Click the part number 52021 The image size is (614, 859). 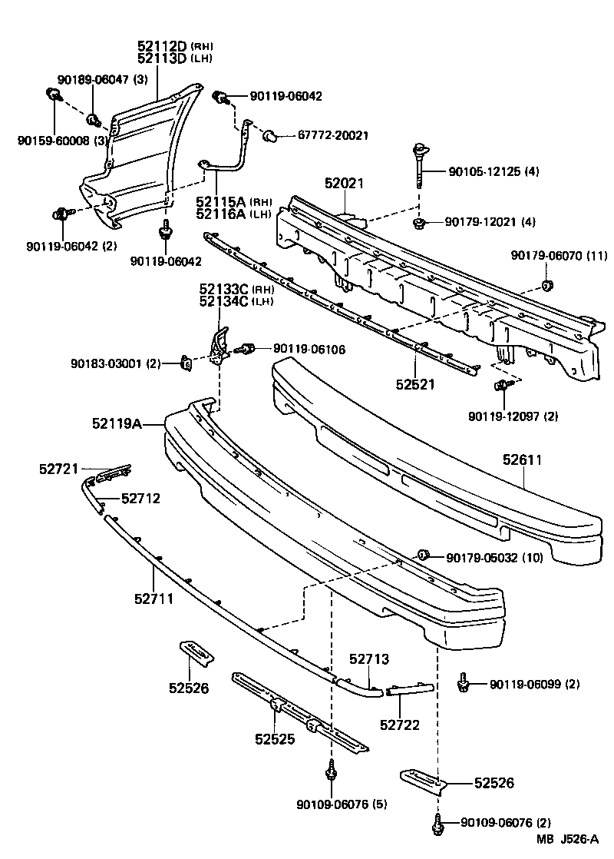click(344, 184)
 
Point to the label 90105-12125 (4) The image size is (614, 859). click(493, 171)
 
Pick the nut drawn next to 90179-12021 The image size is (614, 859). click(420, 223)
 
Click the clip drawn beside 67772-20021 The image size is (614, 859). click(269, 137)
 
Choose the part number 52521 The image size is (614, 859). click(416, 383)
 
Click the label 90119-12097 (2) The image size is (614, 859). click(513, 416)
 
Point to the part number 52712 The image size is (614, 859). click(140, 499)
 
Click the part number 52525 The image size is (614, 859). click(275, 739)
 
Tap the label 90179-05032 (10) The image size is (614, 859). click(494, 557)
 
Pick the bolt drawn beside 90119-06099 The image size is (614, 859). click(464, 682)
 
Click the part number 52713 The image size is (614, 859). click(369, 659)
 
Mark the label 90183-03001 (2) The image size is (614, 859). click(116, 363)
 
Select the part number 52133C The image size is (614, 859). click(224, 290)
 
